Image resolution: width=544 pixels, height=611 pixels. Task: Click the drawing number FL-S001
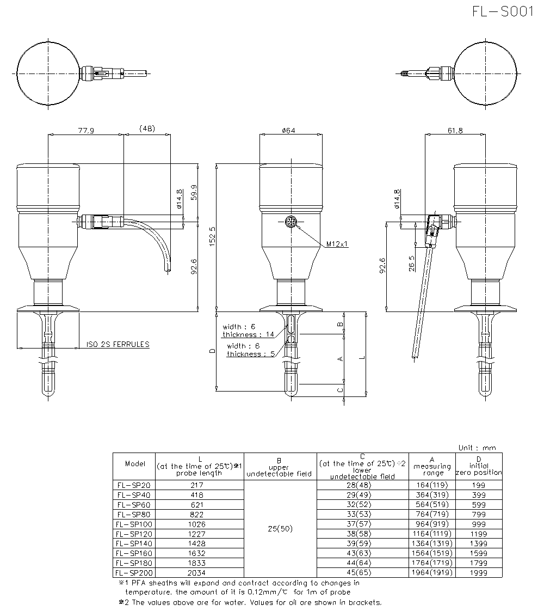[503, 11]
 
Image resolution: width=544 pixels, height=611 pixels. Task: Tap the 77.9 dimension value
[86, 131]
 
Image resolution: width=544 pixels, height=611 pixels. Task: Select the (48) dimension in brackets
[147, 128]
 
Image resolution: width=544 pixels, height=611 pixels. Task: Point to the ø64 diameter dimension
[288, 130]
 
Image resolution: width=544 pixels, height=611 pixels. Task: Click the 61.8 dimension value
[455, 130]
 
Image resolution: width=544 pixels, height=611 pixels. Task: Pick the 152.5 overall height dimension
[212, 237]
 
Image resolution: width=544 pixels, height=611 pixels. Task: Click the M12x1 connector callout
[337, 245]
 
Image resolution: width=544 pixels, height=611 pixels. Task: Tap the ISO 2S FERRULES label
[118, 345]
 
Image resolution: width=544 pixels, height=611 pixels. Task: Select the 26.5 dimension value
[412, 263]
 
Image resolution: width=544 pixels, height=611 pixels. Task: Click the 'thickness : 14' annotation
[248, 334]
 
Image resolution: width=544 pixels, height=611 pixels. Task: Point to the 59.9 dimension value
[194, 192]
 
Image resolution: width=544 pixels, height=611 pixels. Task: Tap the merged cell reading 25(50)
[280, 529]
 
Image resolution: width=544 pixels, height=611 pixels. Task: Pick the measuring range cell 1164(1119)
[432, 534]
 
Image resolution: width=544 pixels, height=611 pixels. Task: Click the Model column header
[135, 464]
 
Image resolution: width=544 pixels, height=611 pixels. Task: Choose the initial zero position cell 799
[479, 515]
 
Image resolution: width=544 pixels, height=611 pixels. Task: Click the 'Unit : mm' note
[477, 448]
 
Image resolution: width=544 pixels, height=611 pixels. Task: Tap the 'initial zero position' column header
[479, 466]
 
